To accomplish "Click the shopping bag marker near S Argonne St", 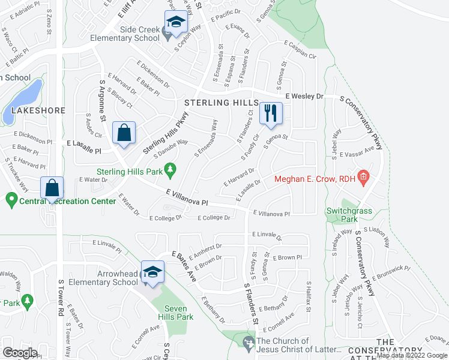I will [x=124, y=132].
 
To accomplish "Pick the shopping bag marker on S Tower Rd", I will [x=53, y=187].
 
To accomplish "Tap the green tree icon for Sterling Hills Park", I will [x=171, y=170].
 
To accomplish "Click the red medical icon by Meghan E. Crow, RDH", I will [x=362, y=177].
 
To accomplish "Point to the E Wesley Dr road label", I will [x=304, y=95].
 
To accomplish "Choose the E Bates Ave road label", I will [x=184, y=266].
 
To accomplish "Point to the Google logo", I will [x=20, y=353].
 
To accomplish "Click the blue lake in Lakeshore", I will [x=23, y=100].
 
